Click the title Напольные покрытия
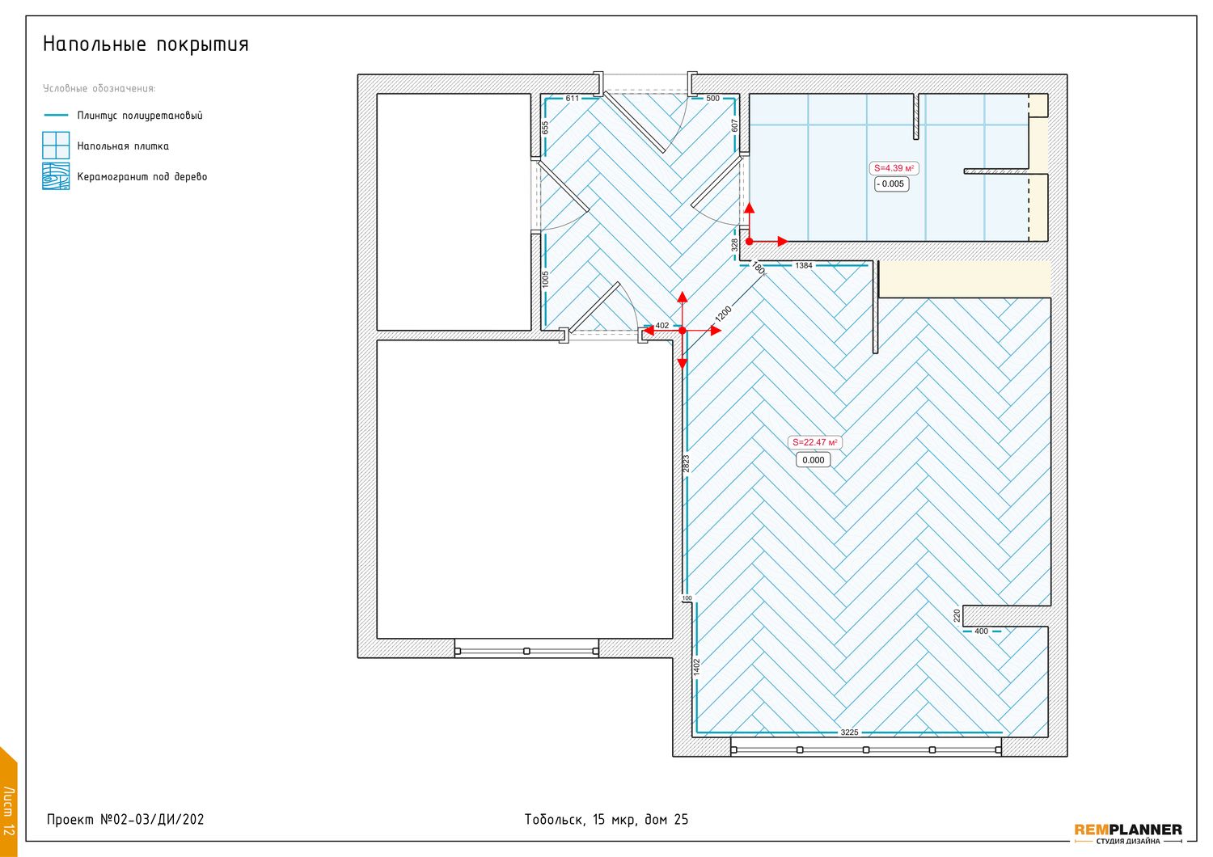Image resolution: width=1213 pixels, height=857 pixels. [146, 44]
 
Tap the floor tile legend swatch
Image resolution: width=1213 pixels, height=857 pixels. [56, 145]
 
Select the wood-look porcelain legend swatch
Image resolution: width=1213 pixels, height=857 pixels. [56, 176]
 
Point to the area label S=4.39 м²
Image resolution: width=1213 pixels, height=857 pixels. [894, 168]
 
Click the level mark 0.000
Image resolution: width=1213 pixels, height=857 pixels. [813, 460]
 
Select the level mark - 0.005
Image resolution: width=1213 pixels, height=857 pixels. [891, 184]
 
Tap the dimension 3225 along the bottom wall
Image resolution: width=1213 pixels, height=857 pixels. [849, 732]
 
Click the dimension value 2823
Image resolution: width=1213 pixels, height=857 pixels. [686, 463]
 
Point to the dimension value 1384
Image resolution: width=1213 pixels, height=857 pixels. [804, 265]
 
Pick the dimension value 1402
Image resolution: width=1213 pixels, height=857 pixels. [697, 666]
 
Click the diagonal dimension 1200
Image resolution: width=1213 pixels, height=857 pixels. [724, 314]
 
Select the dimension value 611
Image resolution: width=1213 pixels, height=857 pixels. [573, 99]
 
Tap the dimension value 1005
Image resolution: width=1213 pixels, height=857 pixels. [545, 279]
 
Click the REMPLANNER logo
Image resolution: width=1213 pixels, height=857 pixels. [1128, 833]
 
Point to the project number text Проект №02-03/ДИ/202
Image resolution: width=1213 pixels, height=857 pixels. [125, 820]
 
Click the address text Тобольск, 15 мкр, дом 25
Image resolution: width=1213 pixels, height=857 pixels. [606, 820]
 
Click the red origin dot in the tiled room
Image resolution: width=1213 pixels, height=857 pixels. [750, 242]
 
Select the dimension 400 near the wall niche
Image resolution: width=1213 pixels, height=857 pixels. [981, 631]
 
